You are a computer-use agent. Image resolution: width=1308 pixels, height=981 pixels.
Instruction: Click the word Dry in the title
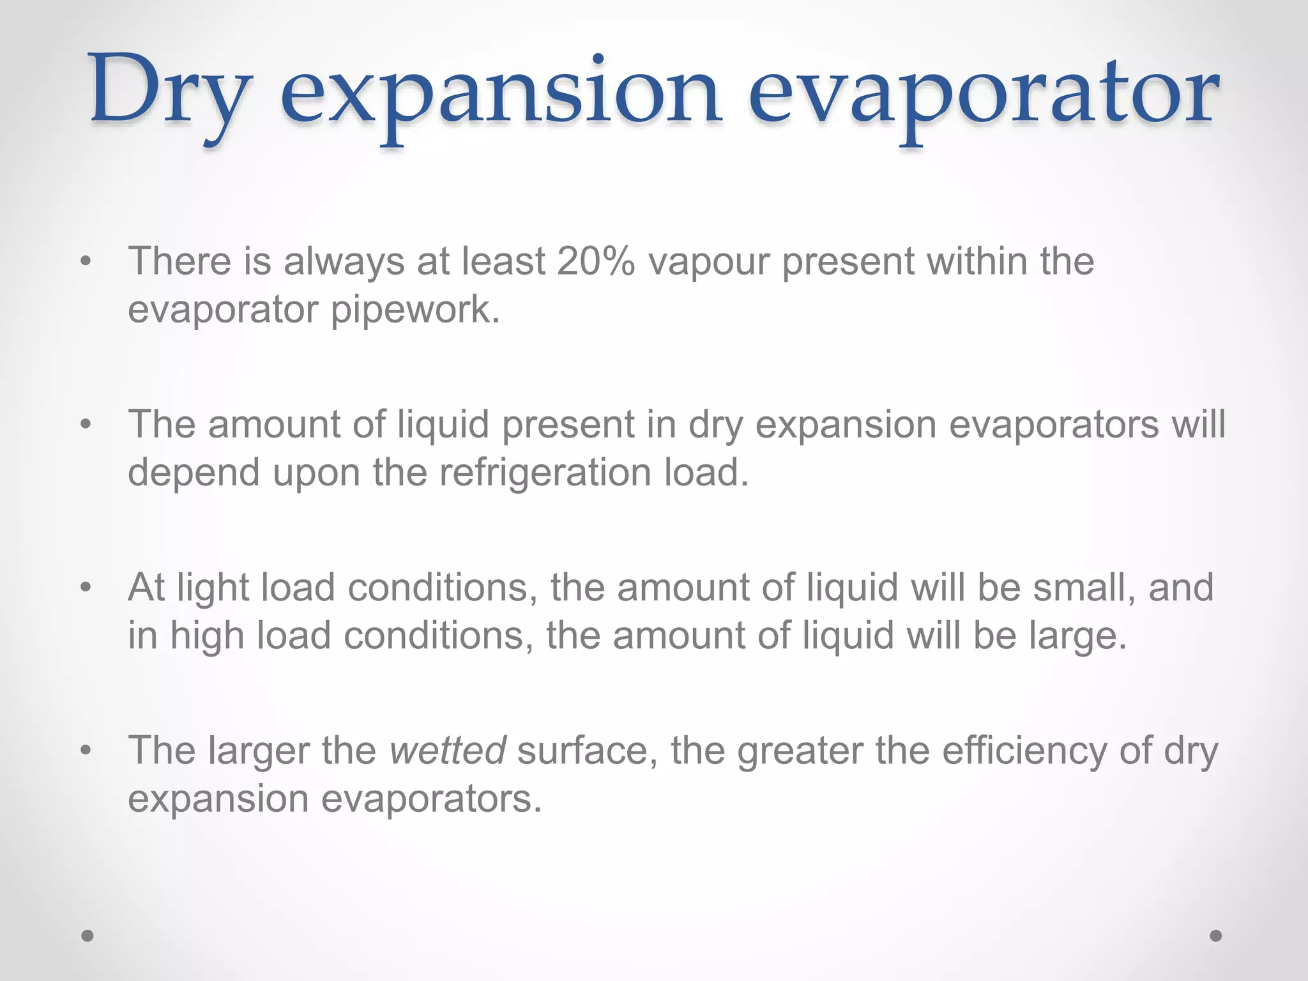click(x=167, y=93)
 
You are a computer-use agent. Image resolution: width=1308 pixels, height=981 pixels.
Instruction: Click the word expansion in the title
click(x=501, y=96)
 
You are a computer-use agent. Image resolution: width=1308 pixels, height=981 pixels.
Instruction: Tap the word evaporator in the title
click(x=984, y=96)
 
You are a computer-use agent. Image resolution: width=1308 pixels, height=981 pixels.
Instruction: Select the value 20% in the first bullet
click(x=595, y=261)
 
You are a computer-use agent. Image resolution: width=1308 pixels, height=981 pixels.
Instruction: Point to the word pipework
click(x=415, y=311)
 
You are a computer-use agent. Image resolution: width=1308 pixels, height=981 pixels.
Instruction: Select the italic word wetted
click(x=448, y=750)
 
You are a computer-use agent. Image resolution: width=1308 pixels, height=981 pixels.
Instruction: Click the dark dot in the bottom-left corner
click(x=87, y=936)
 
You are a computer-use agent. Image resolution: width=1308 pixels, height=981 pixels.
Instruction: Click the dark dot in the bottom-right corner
click(x=1216, y=936)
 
